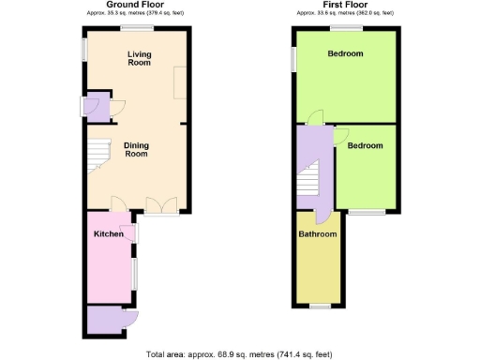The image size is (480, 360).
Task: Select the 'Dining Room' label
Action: [138, 149]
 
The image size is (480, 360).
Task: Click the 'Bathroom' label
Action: [317, 233]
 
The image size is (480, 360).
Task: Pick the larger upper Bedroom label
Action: [345, 54]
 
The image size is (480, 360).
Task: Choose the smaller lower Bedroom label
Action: [365, 146]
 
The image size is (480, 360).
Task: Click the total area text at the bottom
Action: [240, 354]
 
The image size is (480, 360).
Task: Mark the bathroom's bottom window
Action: [320, 307]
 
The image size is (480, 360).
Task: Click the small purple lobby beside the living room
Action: [96, 105]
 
